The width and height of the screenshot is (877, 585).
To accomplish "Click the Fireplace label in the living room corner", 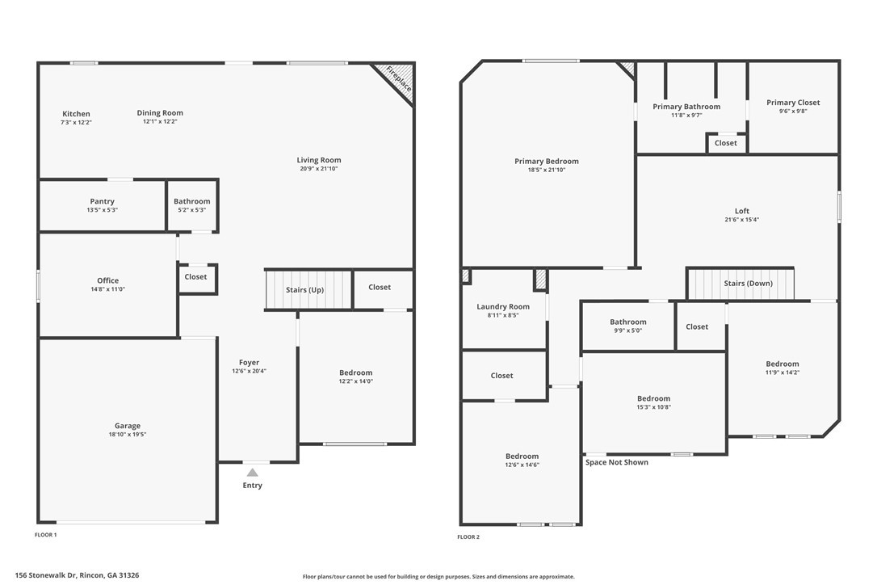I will (398, 78).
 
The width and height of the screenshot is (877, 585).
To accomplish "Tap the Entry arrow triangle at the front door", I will (252, 473).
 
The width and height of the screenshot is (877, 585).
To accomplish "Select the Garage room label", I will (127, 426).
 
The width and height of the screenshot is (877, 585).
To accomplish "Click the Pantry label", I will (102, 201).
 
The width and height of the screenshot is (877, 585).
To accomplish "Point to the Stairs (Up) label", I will (306, 289).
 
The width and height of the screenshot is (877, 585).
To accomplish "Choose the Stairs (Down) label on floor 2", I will (748, 284).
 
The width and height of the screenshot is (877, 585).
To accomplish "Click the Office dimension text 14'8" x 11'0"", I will (107, 289).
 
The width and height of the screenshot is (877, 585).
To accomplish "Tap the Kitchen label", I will (77, 114).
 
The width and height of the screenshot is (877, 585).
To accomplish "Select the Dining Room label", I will (160, 113).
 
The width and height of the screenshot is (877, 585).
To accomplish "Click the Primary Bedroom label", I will (546, 162).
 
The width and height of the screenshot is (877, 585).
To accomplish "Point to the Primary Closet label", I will (792, 103).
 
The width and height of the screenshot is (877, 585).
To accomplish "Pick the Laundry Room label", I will (503, 307).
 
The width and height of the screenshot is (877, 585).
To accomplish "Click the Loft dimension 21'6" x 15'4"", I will (741, 220).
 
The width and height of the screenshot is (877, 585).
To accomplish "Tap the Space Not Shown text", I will (616, 462).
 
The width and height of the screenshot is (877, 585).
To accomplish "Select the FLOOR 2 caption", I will (468, 537).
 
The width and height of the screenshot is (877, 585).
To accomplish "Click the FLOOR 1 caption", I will (45, 535).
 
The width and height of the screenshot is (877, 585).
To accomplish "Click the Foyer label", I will (249, 363).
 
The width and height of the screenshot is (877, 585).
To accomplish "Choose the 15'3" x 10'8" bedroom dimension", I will (653, 407).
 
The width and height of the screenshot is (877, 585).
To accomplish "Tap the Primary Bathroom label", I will (686, 107).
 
